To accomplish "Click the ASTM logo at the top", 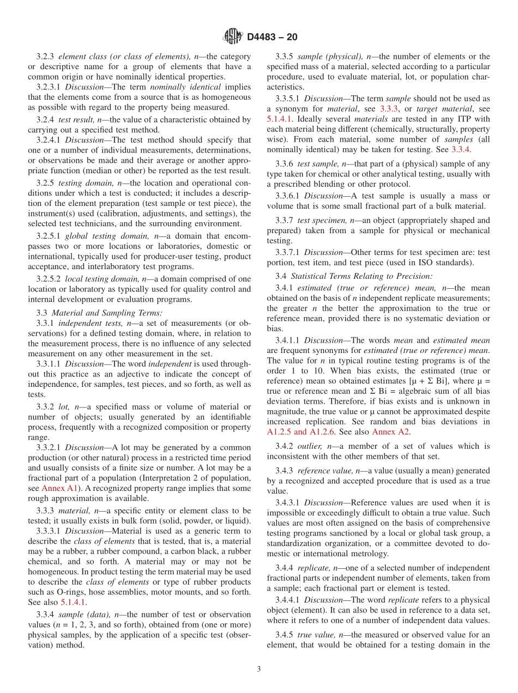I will pos(232,37).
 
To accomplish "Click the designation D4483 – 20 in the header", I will pos(272,38).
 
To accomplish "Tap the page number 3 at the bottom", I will pos(259,670).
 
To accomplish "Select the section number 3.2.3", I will pos(47,57).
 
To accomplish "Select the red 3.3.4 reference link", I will pos(461,149).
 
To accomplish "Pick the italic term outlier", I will pos(310,447).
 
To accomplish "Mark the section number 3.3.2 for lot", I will pos(47,407).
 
